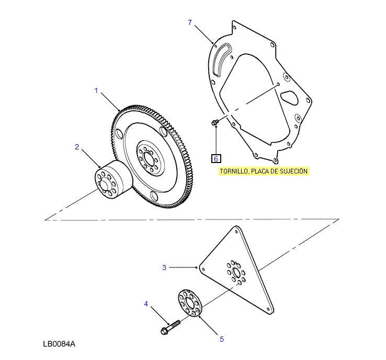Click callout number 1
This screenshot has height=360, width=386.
[96, 91]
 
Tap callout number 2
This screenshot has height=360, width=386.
[77, 147]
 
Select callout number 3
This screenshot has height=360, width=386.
[164, 268]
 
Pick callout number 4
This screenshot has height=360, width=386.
[146, 304]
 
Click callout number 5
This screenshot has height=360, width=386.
[221, 339]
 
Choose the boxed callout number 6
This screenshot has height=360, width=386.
[216, 158]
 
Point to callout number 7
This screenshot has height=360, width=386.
[190, 22]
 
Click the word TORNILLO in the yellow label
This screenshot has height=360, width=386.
[234, 171]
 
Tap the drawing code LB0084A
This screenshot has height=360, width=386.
[60, 344]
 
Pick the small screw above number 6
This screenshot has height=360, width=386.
[214, 123]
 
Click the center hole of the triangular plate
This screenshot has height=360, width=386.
[236, 273]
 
